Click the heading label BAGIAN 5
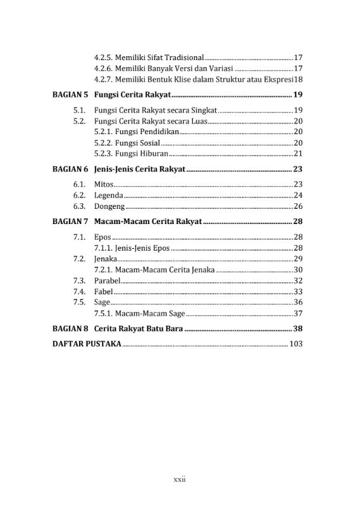69,95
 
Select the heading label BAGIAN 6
69,170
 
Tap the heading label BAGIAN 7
69,222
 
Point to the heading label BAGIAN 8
69,329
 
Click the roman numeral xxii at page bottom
180,480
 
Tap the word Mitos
103,184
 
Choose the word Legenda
108,196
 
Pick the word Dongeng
109,206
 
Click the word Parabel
107,280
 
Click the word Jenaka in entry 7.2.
105,259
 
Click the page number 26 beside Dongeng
299,206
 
